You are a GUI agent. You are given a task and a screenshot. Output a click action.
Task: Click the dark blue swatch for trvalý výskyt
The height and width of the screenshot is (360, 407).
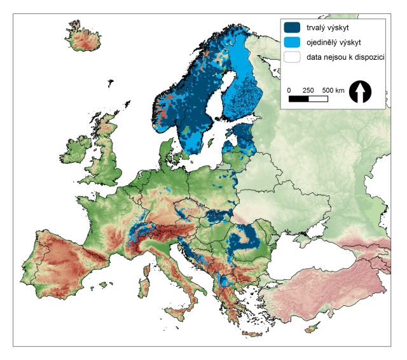click(293, 27)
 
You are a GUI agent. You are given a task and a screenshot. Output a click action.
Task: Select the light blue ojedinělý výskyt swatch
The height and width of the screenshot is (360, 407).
click(293, 43)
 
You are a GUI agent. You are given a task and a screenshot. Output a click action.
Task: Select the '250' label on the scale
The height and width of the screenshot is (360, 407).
click(308, 90)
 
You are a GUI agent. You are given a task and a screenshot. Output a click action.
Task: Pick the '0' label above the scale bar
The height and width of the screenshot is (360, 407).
click(289, 90)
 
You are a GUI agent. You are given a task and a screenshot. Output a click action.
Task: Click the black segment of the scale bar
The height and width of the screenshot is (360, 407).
click(298, 99)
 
